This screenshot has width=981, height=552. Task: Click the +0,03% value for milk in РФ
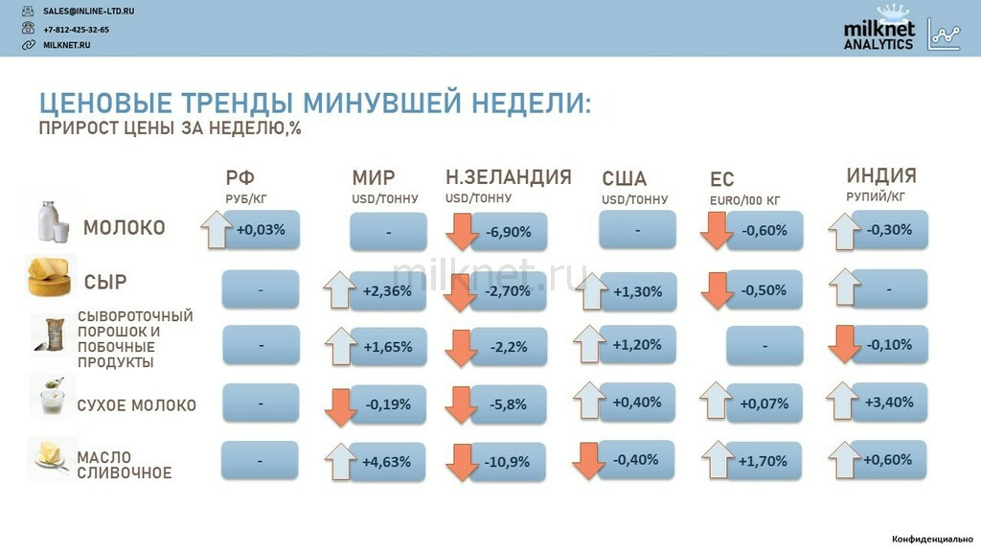coord(261,230)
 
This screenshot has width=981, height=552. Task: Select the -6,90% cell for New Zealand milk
coord(509,232)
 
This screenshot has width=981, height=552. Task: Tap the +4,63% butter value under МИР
coord(387,462)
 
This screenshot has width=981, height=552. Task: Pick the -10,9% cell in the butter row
coord(508,462)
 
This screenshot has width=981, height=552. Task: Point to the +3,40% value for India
coord(889,402)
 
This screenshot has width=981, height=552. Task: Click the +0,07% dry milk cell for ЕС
coord(764,403)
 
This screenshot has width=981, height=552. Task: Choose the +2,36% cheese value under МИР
coord(387,291)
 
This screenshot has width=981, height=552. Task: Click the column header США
coord(625,179)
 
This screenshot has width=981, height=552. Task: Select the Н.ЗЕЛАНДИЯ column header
coord(509,177)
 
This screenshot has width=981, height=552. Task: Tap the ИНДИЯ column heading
coord(881,175)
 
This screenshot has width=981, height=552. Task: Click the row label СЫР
coord(105,283)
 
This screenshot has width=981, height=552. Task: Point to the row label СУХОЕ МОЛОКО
coord(136,405)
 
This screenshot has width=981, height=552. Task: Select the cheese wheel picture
coord(49,276)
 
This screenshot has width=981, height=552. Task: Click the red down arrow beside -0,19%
coord(340,407)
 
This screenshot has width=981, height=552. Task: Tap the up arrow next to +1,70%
coord(718,460)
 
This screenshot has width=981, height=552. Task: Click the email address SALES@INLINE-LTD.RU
coord(88,11)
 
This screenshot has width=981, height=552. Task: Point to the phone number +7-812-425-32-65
coord(76,30)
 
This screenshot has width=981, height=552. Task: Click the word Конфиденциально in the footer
coord(932,539)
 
